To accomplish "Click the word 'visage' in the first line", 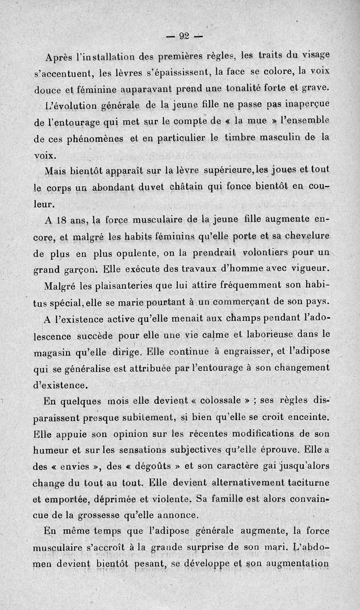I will click(315, 56).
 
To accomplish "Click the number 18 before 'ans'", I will click(63, 220).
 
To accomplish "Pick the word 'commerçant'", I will click(230, 301).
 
